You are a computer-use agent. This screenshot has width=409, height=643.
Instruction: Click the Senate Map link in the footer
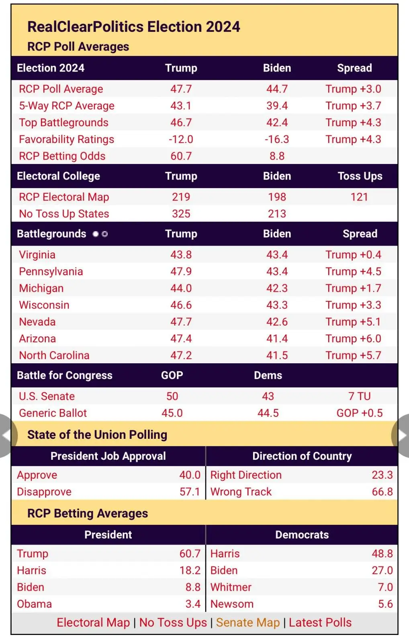(247, 623)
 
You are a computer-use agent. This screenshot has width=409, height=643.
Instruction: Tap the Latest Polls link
(320, 623)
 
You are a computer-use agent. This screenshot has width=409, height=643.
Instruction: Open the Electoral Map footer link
(93, 623)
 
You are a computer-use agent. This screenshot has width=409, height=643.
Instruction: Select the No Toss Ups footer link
(173, 623)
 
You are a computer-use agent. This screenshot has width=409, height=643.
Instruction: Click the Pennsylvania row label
(51, 272)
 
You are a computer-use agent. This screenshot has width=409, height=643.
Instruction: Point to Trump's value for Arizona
(181, 339)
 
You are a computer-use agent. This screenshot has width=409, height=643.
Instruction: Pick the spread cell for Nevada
(353, 322)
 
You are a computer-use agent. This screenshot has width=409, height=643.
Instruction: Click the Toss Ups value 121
(359, 197)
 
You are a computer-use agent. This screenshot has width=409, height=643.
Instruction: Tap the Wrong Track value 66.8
(382, 492)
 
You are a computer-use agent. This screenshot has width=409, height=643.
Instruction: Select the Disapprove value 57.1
(190, 492)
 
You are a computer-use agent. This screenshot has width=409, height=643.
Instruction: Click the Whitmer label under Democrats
(231, 587)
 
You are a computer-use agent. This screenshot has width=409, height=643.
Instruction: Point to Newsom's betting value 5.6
(385, 604)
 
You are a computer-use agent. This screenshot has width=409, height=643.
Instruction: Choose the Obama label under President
(35, 604)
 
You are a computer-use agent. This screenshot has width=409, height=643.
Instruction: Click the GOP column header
(172, 375)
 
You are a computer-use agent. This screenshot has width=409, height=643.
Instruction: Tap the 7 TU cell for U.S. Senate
(359, 396)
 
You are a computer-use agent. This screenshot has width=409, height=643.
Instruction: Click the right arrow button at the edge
(402, 436)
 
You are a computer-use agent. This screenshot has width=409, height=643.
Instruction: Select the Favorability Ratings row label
(67, 139)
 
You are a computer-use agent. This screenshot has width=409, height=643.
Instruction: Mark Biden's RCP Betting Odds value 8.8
(277, 156)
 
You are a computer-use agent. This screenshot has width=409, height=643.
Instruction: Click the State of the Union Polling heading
(97, 435)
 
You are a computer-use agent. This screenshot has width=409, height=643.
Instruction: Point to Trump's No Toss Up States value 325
(181, 214)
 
